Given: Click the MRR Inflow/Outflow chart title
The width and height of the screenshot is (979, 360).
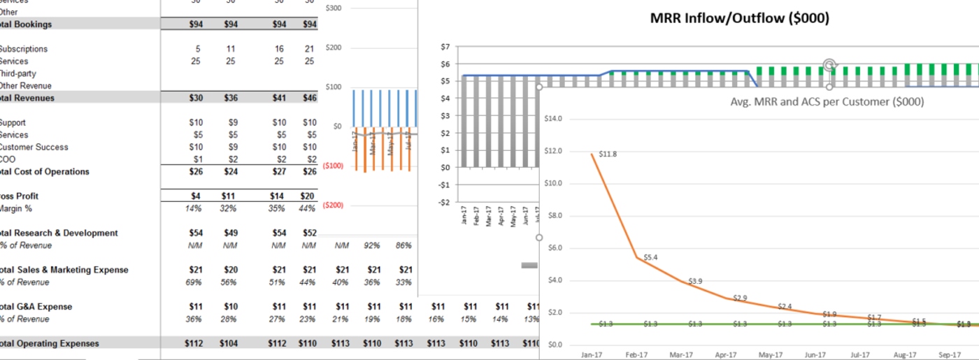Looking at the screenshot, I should (x=739, y=19).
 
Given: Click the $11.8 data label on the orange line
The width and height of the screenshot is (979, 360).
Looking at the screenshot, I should (x=608, y=154).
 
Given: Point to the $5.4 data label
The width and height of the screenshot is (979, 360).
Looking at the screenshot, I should (x=650, y=257).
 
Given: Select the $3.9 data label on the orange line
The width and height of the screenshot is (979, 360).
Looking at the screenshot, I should (x=695, y=281).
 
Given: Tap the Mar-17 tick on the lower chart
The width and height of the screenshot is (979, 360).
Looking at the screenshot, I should (x=682, y=354).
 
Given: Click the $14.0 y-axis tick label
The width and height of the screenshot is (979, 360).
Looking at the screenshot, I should (x=553, y=119).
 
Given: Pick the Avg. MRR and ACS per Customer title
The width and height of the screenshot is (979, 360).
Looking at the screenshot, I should (x=827, y=102).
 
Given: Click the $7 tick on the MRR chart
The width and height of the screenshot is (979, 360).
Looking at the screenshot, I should (x=445, y=47).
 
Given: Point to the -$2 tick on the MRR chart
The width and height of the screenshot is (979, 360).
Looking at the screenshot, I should (x=444, y=202).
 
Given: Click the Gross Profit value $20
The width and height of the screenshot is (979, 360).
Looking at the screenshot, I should (x=308, y=196).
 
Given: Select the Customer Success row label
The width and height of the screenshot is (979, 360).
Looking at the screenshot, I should (x=34, y=147).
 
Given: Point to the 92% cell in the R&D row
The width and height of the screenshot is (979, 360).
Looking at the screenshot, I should (x=374, y=245).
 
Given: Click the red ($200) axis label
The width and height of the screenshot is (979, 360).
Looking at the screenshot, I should (x=334, y=206).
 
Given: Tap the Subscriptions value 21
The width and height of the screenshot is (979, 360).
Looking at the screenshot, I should (x=309, y=49).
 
